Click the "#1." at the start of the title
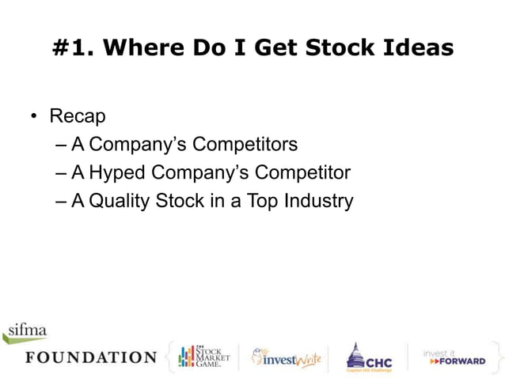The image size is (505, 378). (x=72, y=48)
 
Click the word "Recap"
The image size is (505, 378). (x=78, y=116)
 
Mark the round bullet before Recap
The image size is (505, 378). (x=35, y=117)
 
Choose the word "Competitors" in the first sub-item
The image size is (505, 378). (x=245, y=145)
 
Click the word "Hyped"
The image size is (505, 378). (x=118, y=172)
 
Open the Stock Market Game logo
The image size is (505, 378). (x=203, y=357)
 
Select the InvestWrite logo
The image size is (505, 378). (x=286, y=358)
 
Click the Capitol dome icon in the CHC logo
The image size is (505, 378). (x=355, y=354)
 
